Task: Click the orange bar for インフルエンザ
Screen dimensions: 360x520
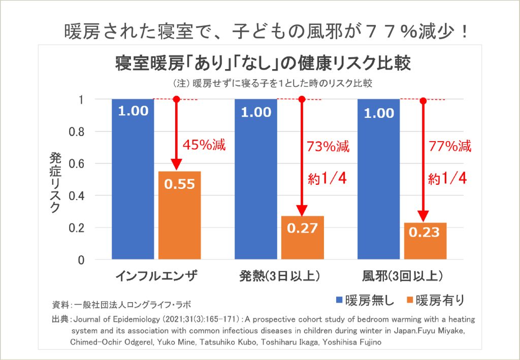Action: [x=180, y=216]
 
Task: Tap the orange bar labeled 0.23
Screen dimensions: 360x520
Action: [x=426, y=241]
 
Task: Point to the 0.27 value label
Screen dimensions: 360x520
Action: [x=303, y=228]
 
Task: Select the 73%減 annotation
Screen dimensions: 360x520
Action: [x=328, y=147]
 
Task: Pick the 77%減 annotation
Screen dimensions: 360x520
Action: [x=450, y=147]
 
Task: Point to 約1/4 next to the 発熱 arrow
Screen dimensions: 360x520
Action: [x=327, y=178]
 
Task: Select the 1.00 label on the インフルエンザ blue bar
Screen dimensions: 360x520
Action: [x=133, y=111]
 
